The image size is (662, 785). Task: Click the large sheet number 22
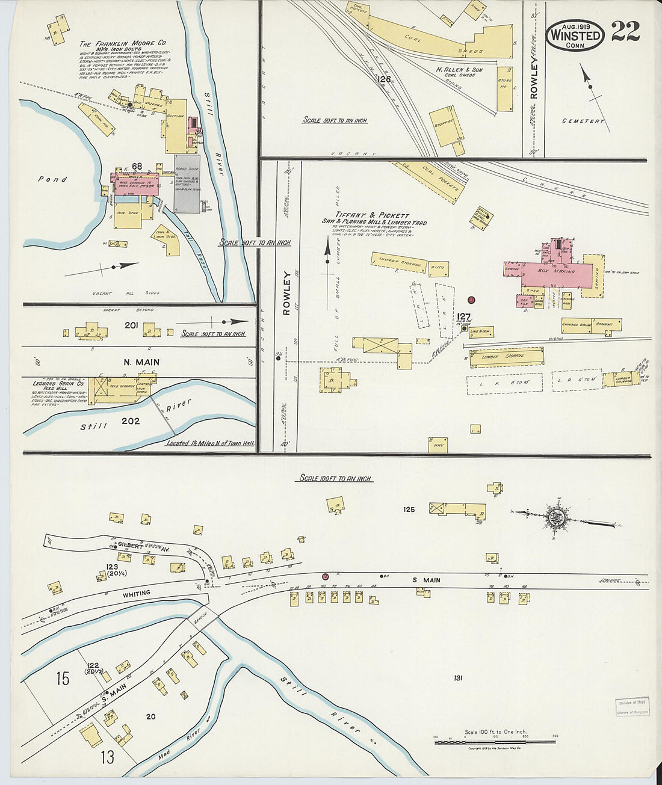(625, 31)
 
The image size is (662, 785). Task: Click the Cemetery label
(583, 121)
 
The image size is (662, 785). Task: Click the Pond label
(52, 179)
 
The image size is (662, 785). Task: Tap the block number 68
(137, 167)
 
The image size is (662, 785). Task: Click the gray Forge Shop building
(187, 183)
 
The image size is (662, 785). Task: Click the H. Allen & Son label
(459, 70)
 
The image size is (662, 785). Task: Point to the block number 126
(383, 79)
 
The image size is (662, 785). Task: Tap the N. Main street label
(141, 362)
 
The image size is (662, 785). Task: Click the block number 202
(131, 421)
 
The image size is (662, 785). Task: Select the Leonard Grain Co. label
(58, 383)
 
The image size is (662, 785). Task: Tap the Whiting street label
(137, 593)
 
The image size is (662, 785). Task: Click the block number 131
(458, 678)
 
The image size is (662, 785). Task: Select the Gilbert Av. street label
(139, 544)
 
